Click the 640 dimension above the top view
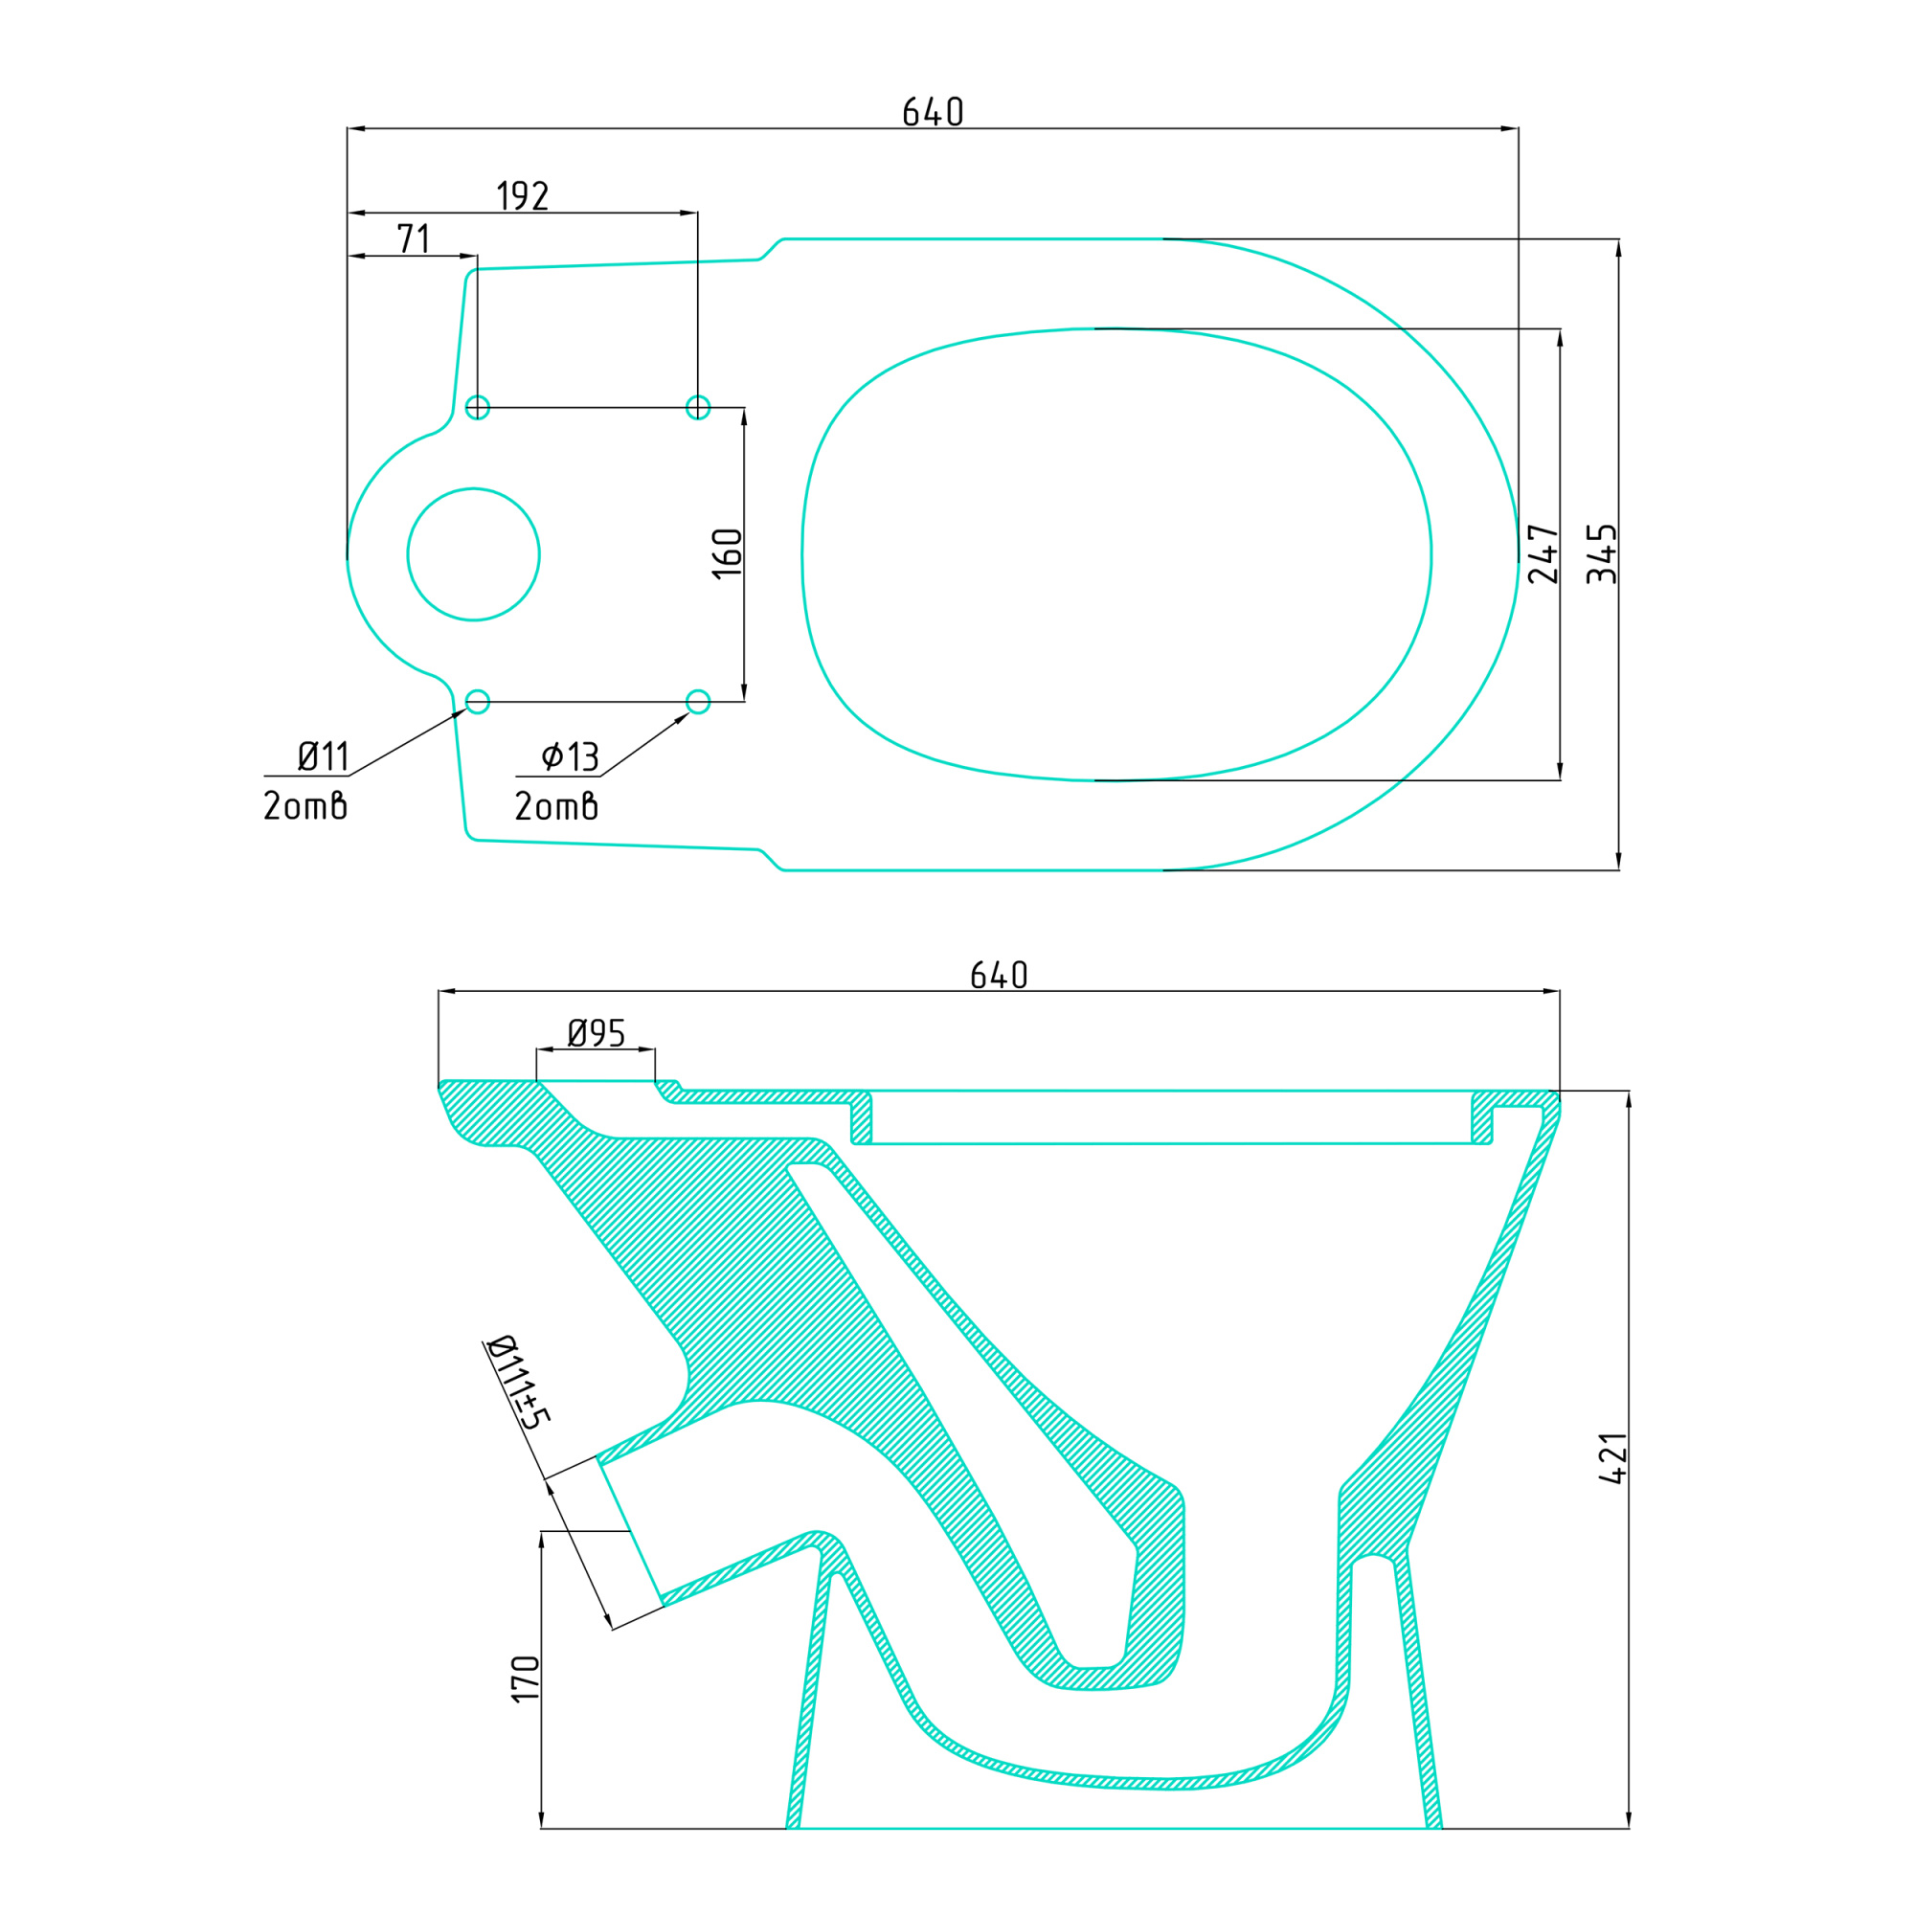[x=933, y=112]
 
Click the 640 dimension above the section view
[x=998, y=976]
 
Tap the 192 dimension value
[x=523, y=196]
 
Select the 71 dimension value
[x=414, y=238]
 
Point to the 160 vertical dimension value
[x=728, y=553]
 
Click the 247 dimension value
[x=1543, y=554]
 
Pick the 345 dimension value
[x=1602, y=554]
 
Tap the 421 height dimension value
[x=1612, y=1458]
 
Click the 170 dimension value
[x=526, y=1679]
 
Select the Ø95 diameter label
[x=596, y=1034]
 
